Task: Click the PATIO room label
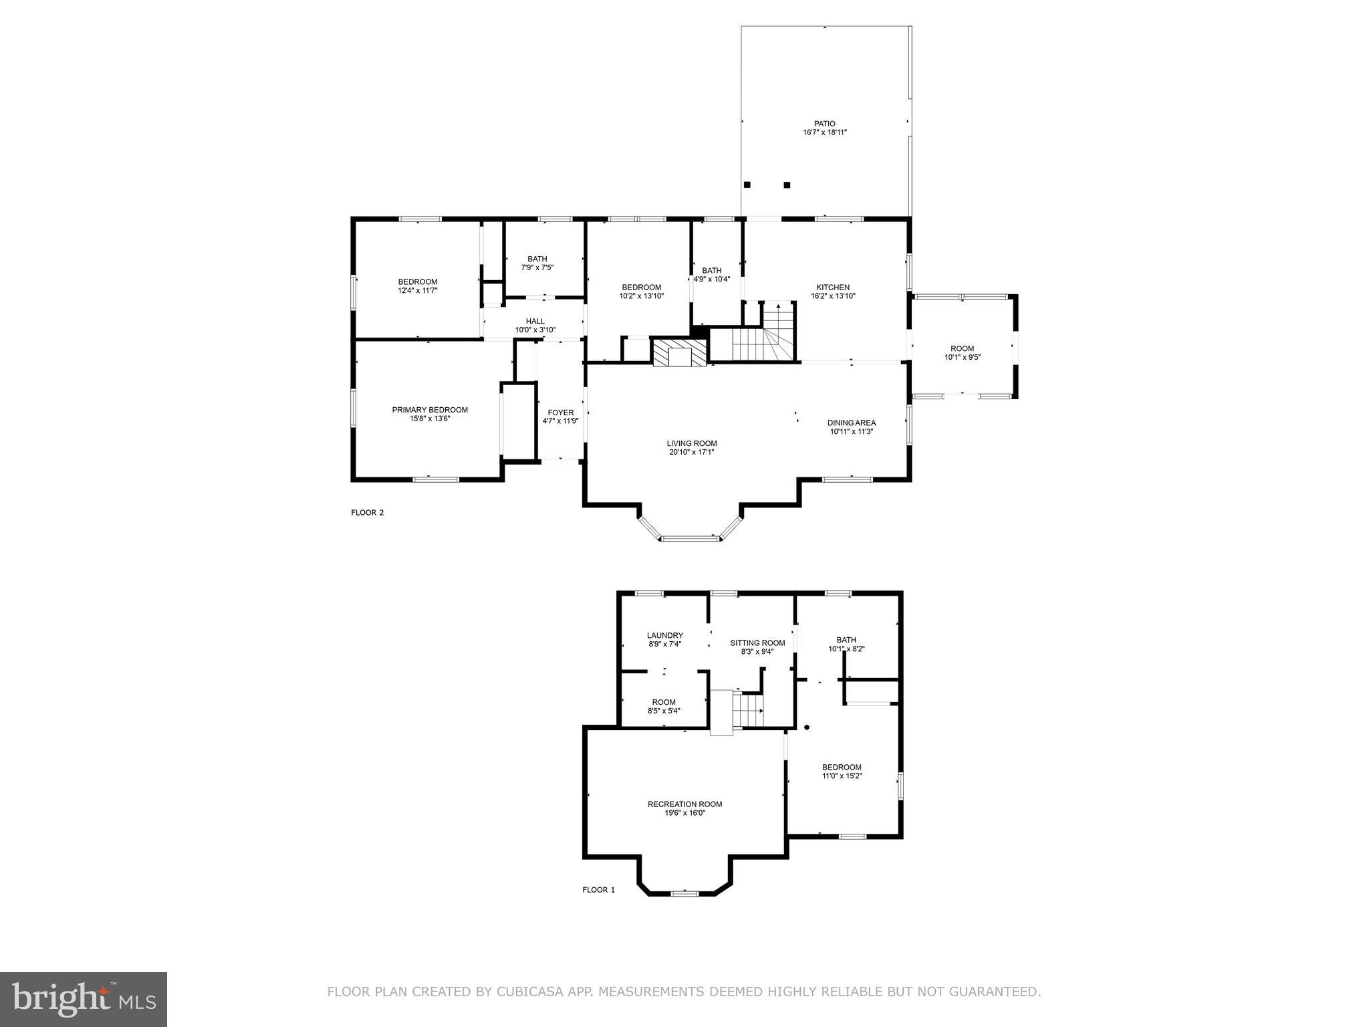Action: click(x=824, y=124)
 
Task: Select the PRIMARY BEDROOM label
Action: click(x=430, y=410)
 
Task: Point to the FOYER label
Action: click(x=560, y=413)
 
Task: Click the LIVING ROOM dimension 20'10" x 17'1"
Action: click(x=691, y=453)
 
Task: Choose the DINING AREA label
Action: click(x=851, y=423)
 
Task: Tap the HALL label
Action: click(x=535, y=322)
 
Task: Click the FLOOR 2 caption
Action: click(x=367, y=513)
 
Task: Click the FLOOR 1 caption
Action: click(x=598, y=890)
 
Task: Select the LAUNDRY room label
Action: click(x=664, y=635)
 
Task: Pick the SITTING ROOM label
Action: click(x=757, y=643)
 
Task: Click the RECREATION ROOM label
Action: click(x=684, y=804)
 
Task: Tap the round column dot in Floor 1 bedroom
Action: click(x=807, y=727)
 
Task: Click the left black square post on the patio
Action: click(x=747, y=185)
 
